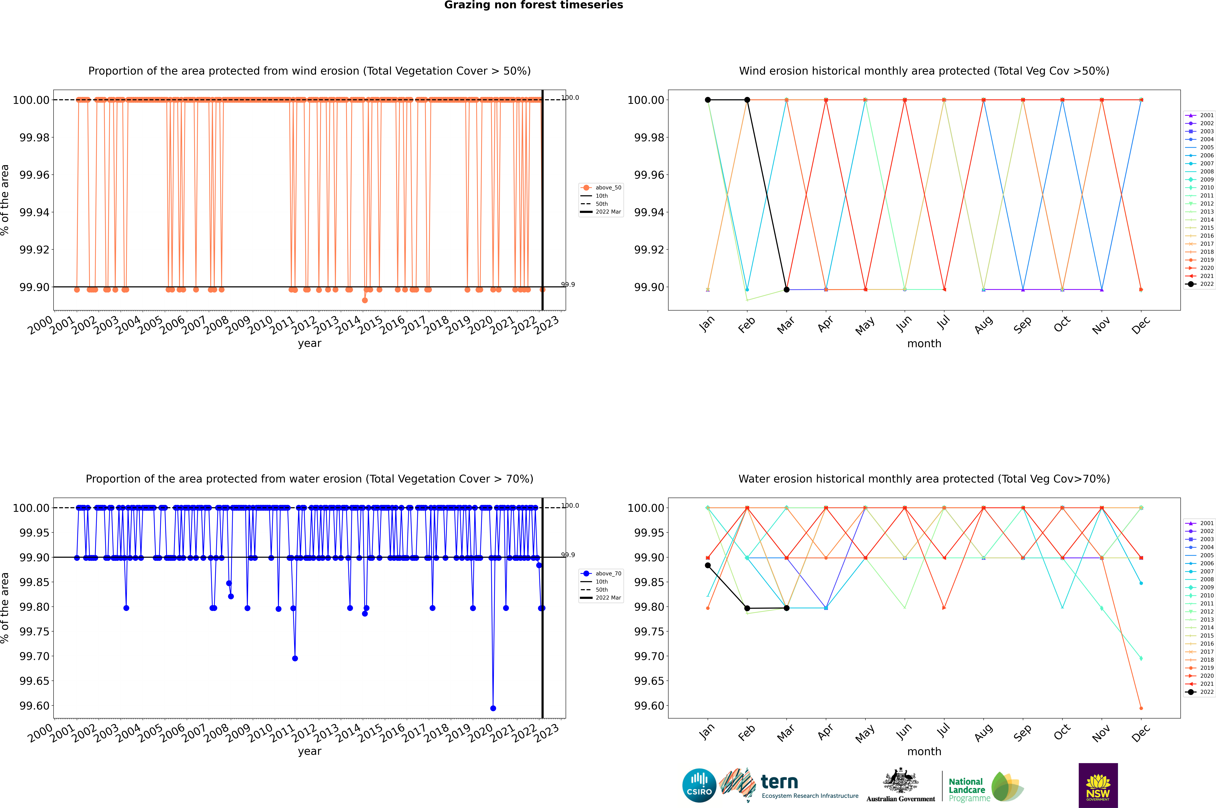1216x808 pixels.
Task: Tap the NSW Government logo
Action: (x=1098, y=785)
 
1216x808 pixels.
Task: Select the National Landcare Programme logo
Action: (x=986, y=787)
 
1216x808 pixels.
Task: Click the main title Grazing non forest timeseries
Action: (x=534, y=5)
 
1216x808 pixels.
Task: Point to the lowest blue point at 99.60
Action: (x=493, y=708)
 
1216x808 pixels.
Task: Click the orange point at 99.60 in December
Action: (x=1141, y=708)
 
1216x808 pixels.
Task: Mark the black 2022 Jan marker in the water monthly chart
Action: (x=708, y=565)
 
